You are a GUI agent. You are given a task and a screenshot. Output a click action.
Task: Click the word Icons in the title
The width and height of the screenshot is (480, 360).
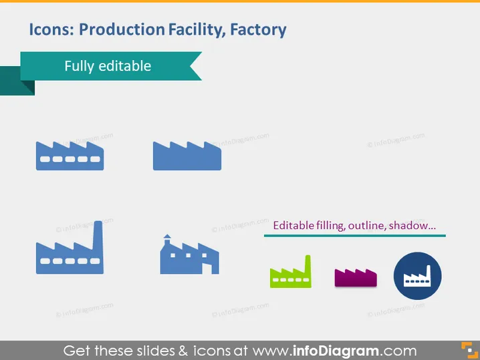[51, 29]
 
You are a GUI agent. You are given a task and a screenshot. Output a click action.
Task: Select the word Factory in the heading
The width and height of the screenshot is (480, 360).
[258, 30]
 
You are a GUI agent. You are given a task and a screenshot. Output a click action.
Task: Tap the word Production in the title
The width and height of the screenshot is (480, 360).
[122, 29]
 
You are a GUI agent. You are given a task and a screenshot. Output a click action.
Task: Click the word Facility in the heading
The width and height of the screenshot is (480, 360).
[197, 30]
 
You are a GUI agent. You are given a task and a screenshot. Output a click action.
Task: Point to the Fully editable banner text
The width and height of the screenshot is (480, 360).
[108, 66]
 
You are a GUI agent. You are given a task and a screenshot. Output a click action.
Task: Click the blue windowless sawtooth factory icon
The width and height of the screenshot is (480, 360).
[187, 156]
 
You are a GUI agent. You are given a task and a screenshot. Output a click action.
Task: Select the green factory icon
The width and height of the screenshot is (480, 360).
[291, 273]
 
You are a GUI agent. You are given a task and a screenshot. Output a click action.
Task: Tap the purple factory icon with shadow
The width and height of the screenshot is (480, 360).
[356, 278]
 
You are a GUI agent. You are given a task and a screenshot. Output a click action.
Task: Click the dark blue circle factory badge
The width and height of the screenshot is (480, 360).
[418, 276]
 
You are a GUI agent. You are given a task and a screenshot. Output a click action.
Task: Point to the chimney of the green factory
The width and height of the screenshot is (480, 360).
[308, 263]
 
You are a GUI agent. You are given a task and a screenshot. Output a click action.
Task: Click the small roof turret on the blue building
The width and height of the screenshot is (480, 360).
[167, 240]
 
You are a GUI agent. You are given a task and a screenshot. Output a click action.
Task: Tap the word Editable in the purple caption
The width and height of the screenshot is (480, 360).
[289, 226]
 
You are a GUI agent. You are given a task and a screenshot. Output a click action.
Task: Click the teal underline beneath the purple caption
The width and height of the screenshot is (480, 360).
[355, 236]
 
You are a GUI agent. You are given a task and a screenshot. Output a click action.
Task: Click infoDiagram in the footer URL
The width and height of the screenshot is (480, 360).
[336, 351]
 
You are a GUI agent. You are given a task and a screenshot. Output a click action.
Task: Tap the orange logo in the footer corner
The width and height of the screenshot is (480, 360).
[469, 350]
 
